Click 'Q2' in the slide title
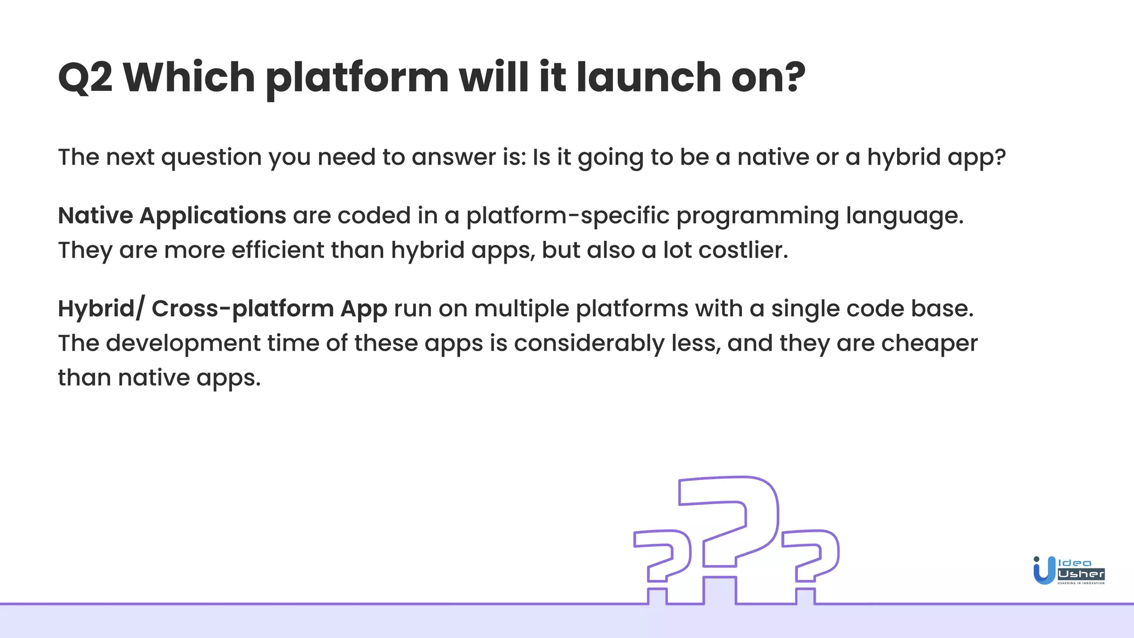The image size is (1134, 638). point(85,78)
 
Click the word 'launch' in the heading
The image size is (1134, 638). point(648,78)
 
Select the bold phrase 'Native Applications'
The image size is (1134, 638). point(172,215)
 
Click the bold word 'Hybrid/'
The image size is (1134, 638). point(101,308)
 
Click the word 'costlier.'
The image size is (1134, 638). point(743,250)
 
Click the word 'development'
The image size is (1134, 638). point(183,343)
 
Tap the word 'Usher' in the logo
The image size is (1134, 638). point(1081,574)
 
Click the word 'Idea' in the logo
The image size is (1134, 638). point(1075,563)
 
